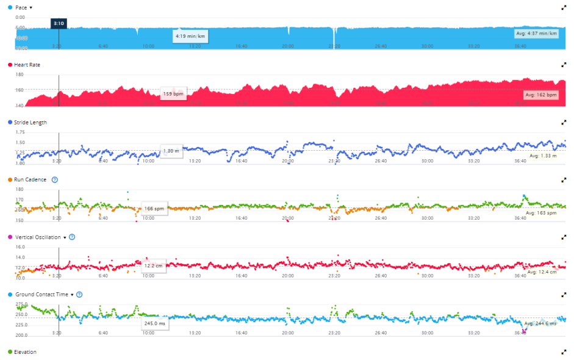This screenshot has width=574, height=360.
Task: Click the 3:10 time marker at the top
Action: click(59, 23)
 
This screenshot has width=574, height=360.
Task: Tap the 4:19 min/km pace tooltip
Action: click(190, 36)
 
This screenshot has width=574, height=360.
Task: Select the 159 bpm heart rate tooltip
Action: click(173, 94)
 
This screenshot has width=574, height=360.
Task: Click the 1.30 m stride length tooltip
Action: click(171, 151)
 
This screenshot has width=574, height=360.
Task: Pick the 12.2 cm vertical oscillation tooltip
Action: click(152, 266)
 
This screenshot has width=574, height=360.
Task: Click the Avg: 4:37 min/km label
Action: click(537, 34)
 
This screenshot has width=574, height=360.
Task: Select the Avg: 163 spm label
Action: click(542, 213)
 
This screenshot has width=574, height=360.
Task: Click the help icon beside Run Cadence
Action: click(55, 179)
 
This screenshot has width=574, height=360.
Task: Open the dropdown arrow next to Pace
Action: click(31, 7)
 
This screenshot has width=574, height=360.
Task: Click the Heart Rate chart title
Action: click(27, 65)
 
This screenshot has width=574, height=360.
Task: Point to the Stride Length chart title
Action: click(30, 122)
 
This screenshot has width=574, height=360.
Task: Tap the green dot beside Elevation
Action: click(10, 352)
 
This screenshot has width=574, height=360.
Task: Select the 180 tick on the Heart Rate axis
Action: click(20, 74)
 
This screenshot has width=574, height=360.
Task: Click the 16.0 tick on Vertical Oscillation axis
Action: click(20, 247)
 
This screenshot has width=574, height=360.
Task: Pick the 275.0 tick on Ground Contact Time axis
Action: click(21, 304)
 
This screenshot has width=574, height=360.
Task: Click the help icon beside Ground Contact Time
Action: click(79, 294)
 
